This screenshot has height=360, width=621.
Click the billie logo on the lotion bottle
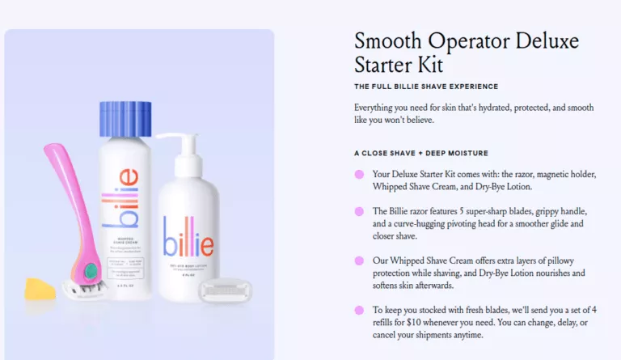click(188, 235)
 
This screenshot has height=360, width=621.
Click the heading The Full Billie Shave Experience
click(426, 87)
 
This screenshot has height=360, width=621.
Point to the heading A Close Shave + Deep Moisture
click(421, 153)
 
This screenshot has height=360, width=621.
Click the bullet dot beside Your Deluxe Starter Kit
click(359, 174)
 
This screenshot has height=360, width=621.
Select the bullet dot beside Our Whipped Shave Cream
click(359, 260)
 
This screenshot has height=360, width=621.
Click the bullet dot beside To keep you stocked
click(359, 310)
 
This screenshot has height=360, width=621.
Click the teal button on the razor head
click(90, 270)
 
